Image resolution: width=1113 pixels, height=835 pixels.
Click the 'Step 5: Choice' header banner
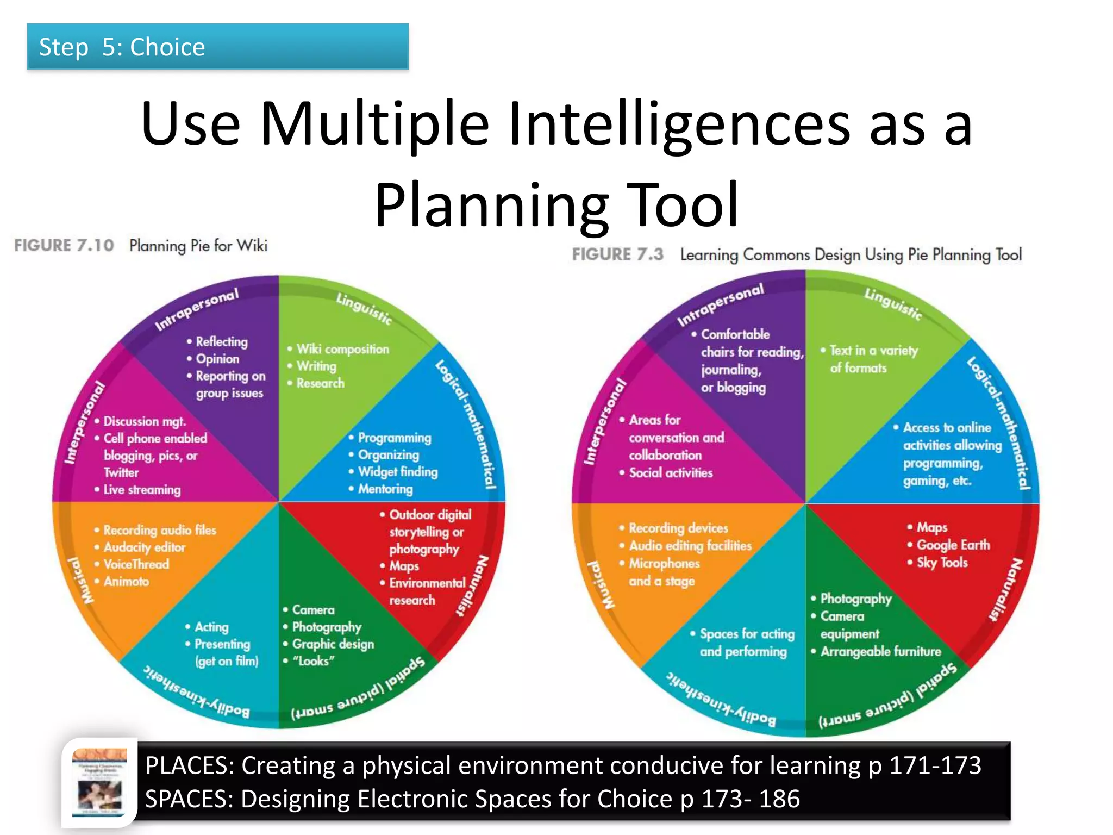point(217,47)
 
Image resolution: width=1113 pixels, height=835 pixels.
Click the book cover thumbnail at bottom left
point(100,783)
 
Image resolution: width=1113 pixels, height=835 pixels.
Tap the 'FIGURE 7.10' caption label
point(64,246)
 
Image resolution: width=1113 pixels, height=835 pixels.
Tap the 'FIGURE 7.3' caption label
point(617,254)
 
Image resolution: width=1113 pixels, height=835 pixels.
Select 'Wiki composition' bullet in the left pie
point(342,349)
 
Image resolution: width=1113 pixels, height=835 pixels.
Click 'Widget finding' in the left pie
point(397,472)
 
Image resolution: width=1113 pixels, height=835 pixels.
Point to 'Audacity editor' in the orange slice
point(144,547)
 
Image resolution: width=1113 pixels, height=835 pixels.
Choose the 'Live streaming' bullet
point(142,490)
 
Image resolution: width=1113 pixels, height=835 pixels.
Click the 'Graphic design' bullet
point(333,644)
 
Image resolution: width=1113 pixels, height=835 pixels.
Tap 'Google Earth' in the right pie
point(953,545)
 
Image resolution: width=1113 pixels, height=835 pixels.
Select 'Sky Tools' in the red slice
point(942,563)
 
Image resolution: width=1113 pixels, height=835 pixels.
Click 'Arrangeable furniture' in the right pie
point(880,651)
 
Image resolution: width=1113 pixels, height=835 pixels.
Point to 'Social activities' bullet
point(670,473)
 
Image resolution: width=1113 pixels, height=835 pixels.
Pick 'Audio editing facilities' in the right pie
point(690,546)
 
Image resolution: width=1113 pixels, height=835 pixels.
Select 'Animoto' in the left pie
point(126,582)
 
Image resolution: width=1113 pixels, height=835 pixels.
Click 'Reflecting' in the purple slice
point(221,342)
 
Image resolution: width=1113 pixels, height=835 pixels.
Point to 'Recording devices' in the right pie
point(678,528)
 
